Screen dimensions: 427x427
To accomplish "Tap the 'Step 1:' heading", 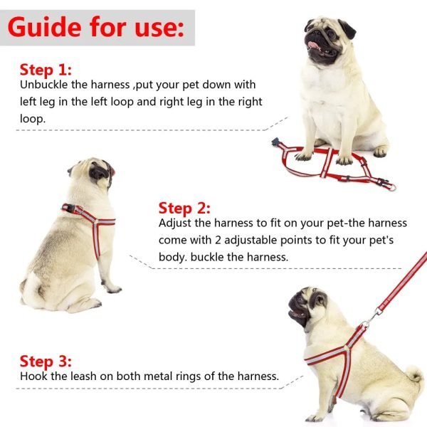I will click(46, 69).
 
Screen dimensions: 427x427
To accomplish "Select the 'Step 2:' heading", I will click(184, 208).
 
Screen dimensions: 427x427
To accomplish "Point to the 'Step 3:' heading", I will click(46, 361).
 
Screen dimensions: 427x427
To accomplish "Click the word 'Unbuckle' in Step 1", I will click(44, 85).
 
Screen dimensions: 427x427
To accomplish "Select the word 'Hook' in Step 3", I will click(33, 376).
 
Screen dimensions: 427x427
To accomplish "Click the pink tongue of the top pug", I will click(312, 46).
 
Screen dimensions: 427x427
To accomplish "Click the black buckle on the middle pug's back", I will click(69, 209).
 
